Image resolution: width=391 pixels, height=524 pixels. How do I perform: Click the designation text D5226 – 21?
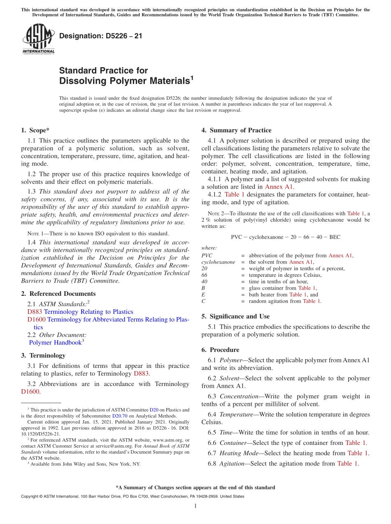pos(101,36)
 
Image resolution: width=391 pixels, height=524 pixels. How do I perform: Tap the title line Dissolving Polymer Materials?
pos(125,81)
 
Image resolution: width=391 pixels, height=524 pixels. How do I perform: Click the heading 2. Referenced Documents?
pos(58,294)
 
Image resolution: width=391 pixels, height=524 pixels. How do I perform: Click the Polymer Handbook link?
pos(55,342)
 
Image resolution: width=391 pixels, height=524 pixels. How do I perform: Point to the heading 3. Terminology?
pos(43,355)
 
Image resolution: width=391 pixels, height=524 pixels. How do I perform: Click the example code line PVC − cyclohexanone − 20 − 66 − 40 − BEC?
pos(285,237)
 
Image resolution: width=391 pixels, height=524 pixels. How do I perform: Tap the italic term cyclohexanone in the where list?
pos(218,262)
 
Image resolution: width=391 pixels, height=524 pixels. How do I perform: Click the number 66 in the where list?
pos(205,275)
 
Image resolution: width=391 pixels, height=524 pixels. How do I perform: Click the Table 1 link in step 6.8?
pos(347,463)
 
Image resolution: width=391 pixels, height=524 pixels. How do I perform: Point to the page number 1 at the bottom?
pos(195,506)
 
